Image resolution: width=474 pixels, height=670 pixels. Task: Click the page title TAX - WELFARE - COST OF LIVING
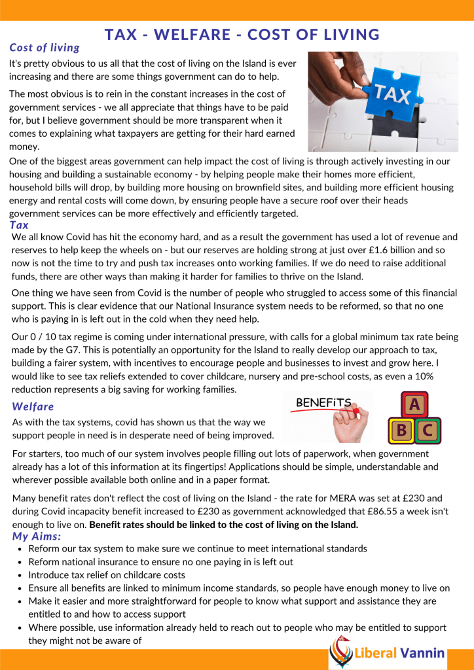242,35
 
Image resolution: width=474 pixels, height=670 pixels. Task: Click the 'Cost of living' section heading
45,48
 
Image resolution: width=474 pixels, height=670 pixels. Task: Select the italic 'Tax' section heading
19,225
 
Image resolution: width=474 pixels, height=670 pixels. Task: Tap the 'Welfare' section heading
33,406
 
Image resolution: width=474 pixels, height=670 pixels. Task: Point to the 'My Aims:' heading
37,537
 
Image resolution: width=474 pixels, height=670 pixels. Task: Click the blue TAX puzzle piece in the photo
391,96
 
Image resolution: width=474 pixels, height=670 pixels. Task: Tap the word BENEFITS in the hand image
323,402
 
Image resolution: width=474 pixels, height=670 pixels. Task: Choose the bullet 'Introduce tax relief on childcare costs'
107,574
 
